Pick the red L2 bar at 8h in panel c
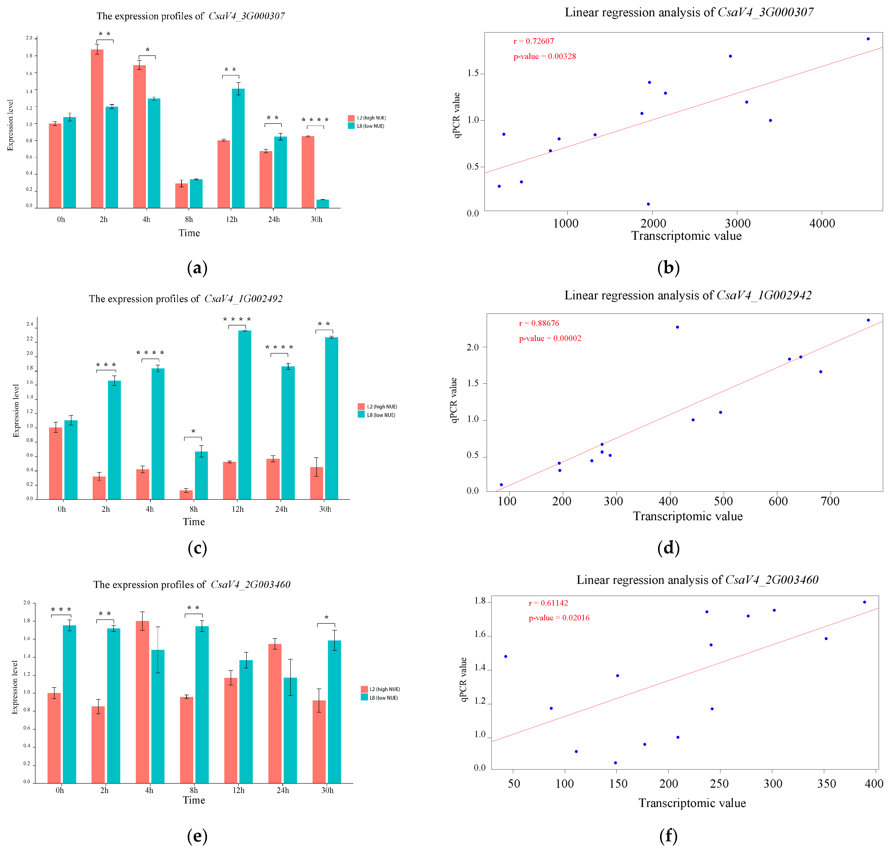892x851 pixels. click(x=186, y=494)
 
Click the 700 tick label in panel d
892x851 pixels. click(x=830, y=501)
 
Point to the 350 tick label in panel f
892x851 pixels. click(x=826, y=784)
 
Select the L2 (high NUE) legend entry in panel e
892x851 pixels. click(x=381, y=689)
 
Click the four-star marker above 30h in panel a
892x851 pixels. click(x=315, y=120)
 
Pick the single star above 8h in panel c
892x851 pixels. click(x=193, y=431)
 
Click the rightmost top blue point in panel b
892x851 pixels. click(x=868, y=39)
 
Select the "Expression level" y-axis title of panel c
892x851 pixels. click(x=16, y=411)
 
